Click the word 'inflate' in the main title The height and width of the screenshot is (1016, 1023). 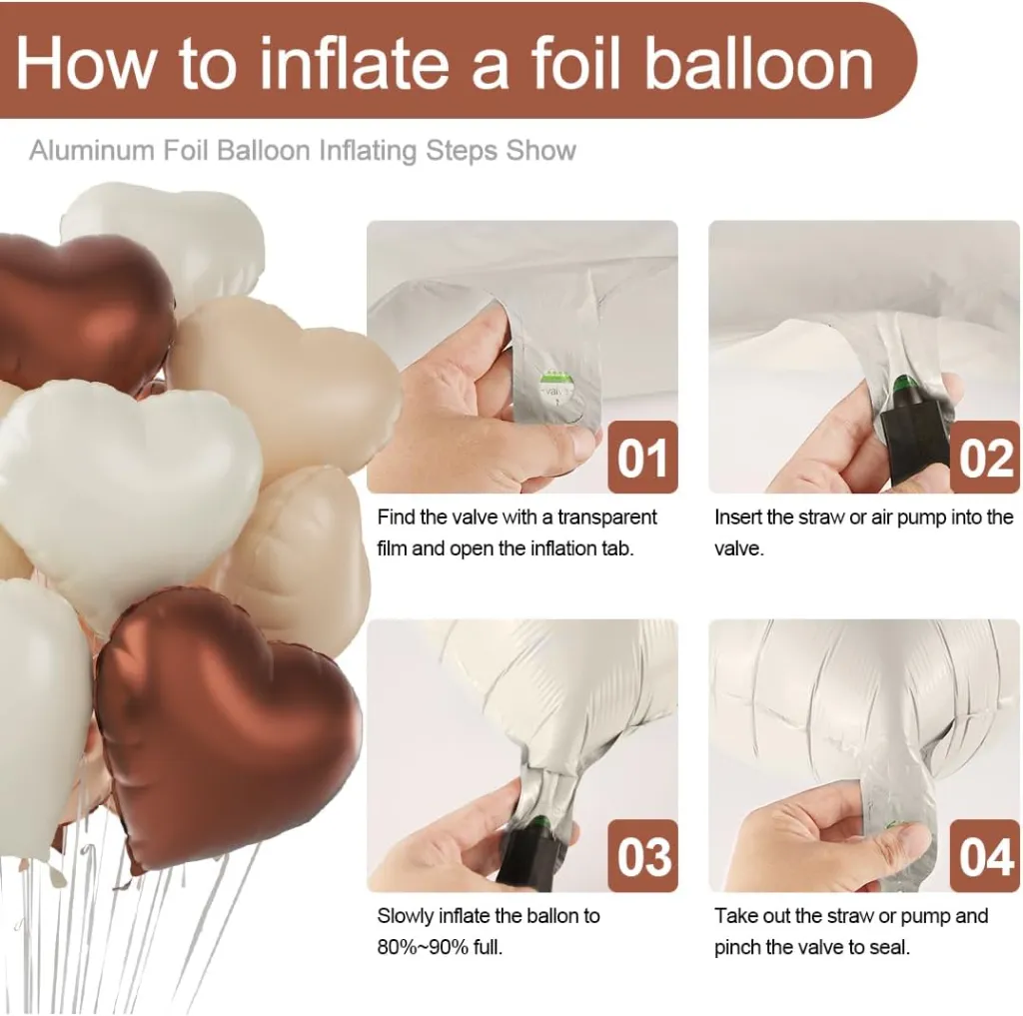(x=355, y=63)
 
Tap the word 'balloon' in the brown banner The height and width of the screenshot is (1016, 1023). (x=759, y=63)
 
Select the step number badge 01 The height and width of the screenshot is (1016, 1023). (x=642, y=457)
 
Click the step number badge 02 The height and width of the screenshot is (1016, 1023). (x=984, y=457)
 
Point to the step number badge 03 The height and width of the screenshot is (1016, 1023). (x=642, y=856)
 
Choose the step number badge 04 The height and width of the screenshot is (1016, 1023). (x=984, y=856)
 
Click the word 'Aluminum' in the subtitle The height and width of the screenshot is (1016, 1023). (x=91, y=151)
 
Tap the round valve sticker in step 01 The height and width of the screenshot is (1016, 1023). (x=553, y=393)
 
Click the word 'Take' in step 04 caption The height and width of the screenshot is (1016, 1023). (x=735, y=916)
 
